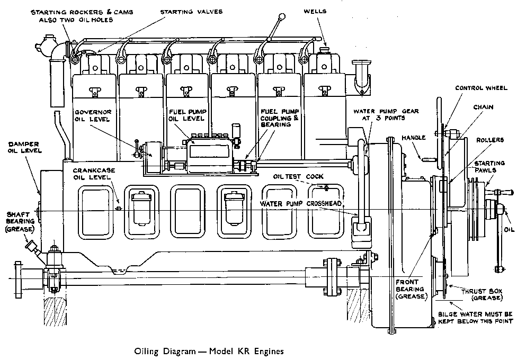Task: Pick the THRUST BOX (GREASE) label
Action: [481, 294]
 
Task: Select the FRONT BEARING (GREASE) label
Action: [410, 289]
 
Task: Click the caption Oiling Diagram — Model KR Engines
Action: [210, 350]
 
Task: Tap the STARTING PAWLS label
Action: [489, 166]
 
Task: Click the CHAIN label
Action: [483, 107]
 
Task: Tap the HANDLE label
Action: [413, 138]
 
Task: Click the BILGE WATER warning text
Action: [479, 318]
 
